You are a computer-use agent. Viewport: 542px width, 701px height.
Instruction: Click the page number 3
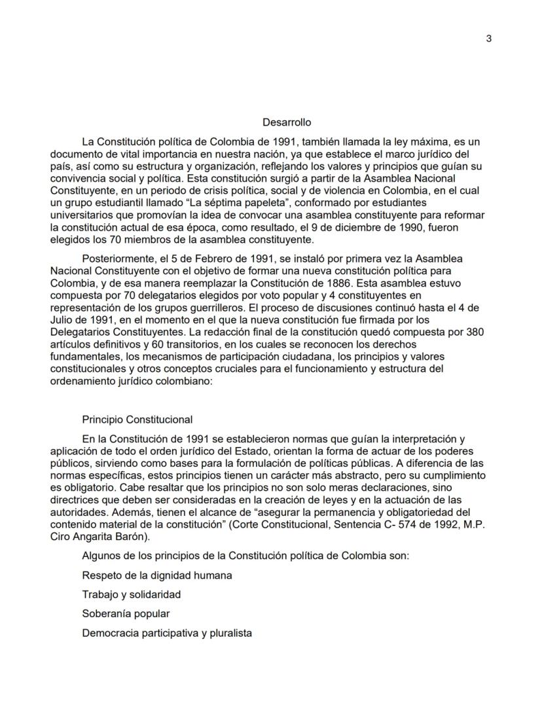[489, 38]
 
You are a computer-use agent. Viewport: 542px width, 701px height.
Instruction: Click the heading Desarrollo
[287, 122]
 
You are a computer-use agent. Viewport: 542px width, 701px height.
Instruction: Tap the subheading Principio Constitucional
[137, 420]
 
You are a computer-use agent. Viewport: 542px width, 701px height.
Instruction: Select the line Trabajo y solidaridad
[131, 595]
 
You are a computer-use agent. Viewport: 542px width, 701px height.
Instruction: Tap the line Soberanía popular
[126, 614]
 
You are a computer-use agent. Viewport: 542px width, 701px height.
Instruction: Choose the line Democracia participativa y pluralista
[167, 633]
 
